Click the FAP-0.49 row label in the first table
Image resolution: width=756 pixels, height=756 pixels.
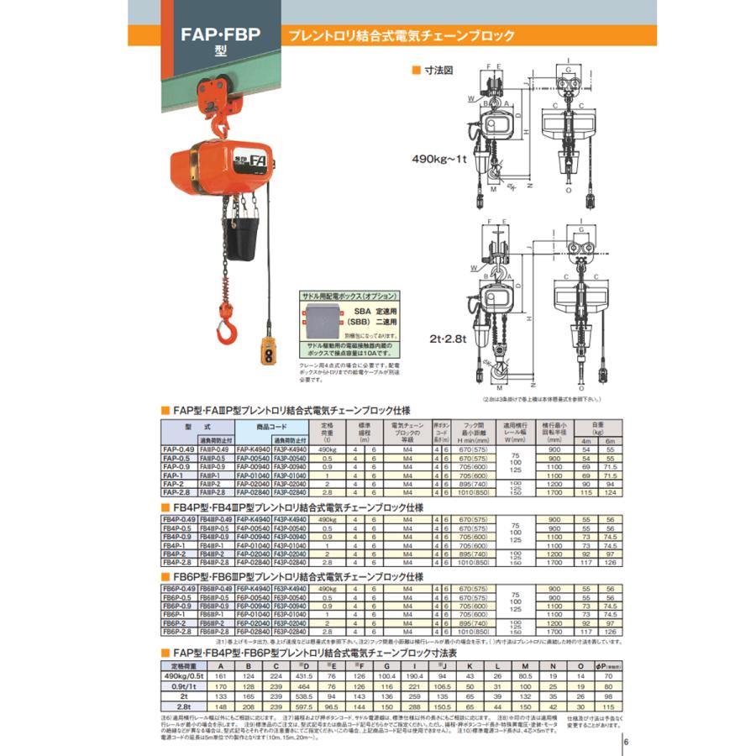(x=178, y=449)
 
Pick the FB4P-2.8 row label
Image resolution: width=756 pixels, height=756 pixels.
(x=178, y=562)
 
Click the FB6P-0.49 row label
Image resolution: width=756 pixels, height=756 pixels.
(x=178, y=589)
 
